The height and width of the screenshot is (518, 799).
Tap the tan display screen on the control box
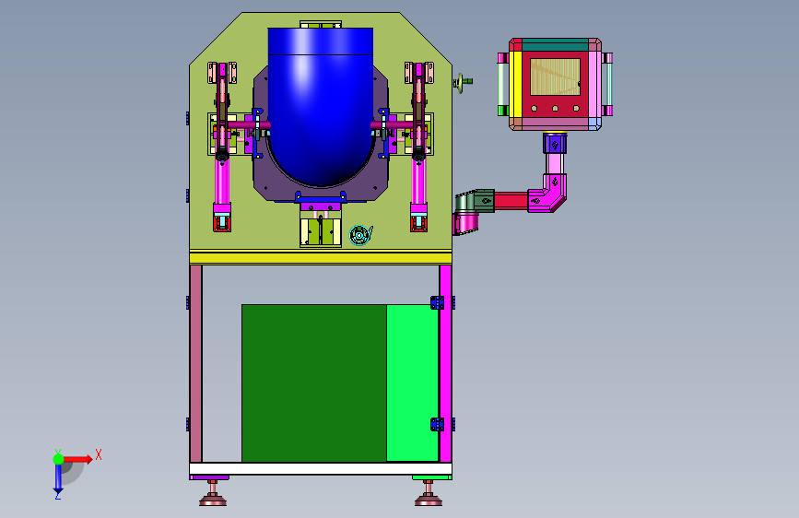555,77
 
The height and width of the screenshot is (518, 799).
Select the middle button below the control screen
555,108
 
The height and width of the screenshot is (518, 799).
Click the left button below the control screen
534,108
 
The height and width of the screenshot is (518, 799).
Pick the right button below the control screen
576,108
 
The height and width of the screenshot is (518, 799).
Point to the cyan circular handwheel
359,235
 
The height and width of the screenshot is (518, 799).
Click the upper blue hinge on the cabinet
437,303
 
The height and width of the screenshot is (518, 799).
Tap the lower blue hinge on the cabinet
437,424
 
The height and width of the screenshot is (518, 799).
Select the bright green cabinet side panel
412,383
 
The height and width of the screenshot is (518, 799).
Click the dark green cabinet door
314,383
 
